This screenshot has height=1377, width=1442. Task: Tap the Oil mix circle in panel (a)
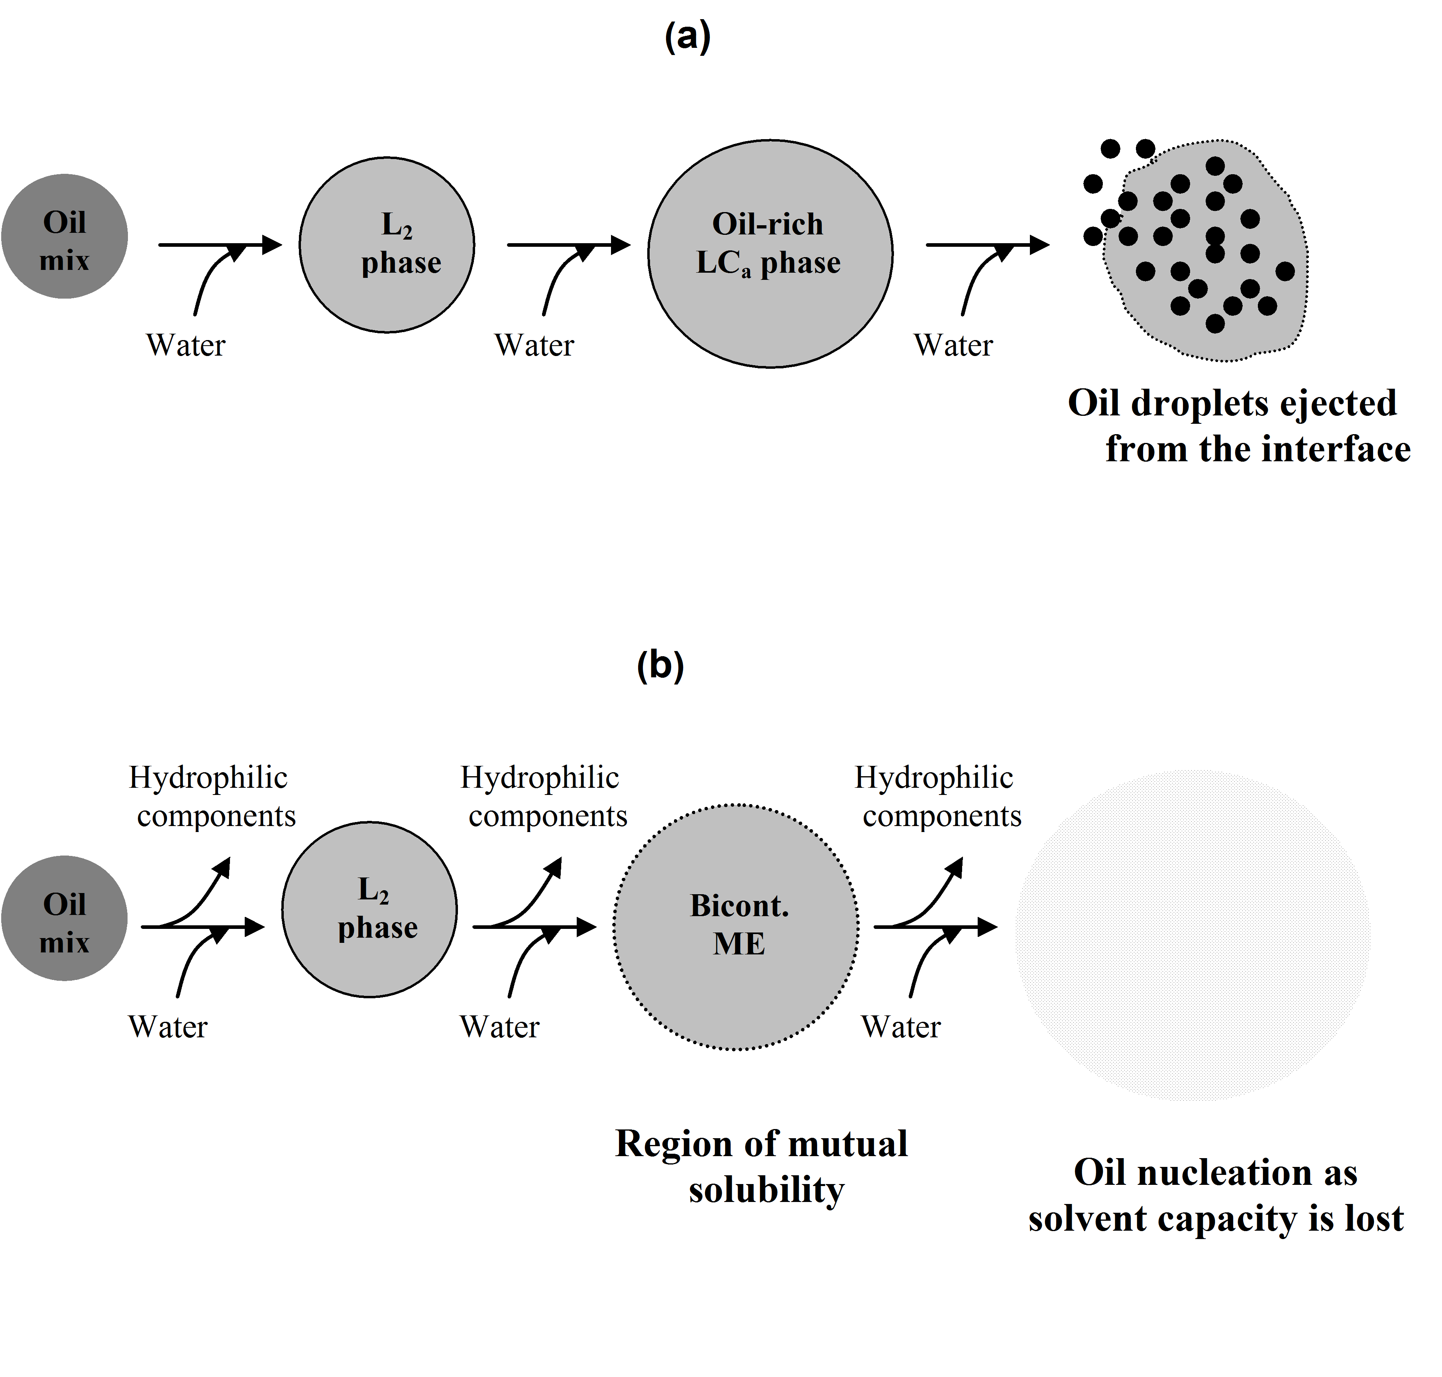(65, 236)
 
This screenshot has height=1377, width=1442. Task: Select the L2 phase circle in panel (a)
(387, 244)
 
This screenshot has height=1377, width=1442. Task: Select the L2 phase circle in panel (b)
(370, 909)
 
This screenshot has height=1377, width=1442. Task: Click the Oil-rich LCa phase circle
(770, 253)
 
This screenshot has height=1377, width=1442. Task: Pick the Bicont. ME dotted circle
(736, 927)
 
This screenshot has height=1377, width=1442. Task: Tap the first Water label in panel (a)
(186, 345)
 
